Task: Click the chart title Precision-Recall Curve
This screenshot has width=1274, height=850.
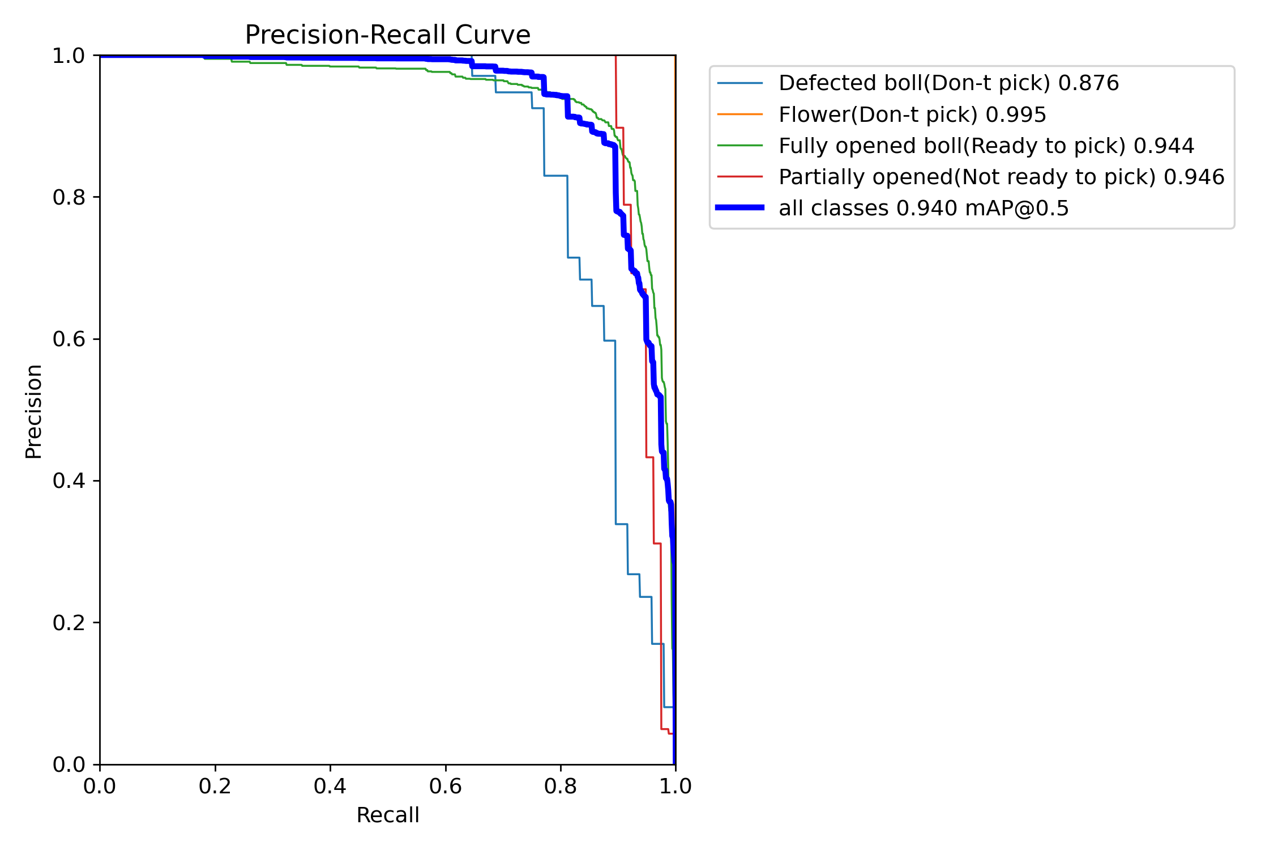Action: (387, 35)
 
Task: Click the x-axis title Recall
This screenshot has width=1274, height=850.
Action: (387, 815)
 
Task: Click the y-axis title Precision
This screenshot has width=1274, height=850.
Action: (33, 411)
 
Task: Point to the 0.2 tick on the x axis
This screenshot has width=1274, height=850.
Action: (215, 786)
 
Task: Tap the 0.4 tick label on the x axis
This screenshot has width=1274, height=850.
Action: (330, 786)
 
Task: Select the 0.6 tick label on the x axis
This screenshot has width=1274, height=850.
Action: (445, 786)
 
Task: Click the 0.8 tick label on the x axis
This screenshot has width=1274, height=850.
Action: (560, 786)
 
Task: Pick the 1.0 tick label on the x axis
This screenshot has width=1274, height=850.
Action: (675, 786)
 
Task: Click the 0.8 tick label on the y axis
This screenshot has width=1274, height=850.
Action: (69, 197)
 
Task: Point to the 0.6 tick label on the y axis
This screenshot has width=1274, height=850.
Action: (69, 339)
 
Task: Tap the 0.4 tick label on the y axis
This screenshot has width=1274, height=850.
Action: (69, 481)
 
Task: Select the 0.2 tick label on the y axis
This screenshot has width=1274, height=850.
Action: (69, 622)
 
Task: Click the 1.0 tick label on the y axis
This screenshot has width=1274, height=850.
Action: (69, 56)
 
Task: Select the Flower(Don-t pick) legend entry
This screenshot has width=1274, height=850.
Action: (912, 114)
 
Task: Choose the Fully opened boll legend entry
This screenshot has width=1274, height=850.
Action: (986, 146)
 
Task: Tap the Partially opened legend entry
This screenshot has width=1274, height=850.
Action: (1001, 177)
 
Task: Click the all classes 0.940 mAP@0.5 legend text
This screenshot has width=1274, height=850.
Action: (924, 208)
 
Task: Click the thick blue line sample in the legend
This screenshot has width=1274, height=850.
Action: (739, 207)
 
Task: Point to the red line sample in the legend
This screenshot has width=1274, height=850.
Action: (739, 176)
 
